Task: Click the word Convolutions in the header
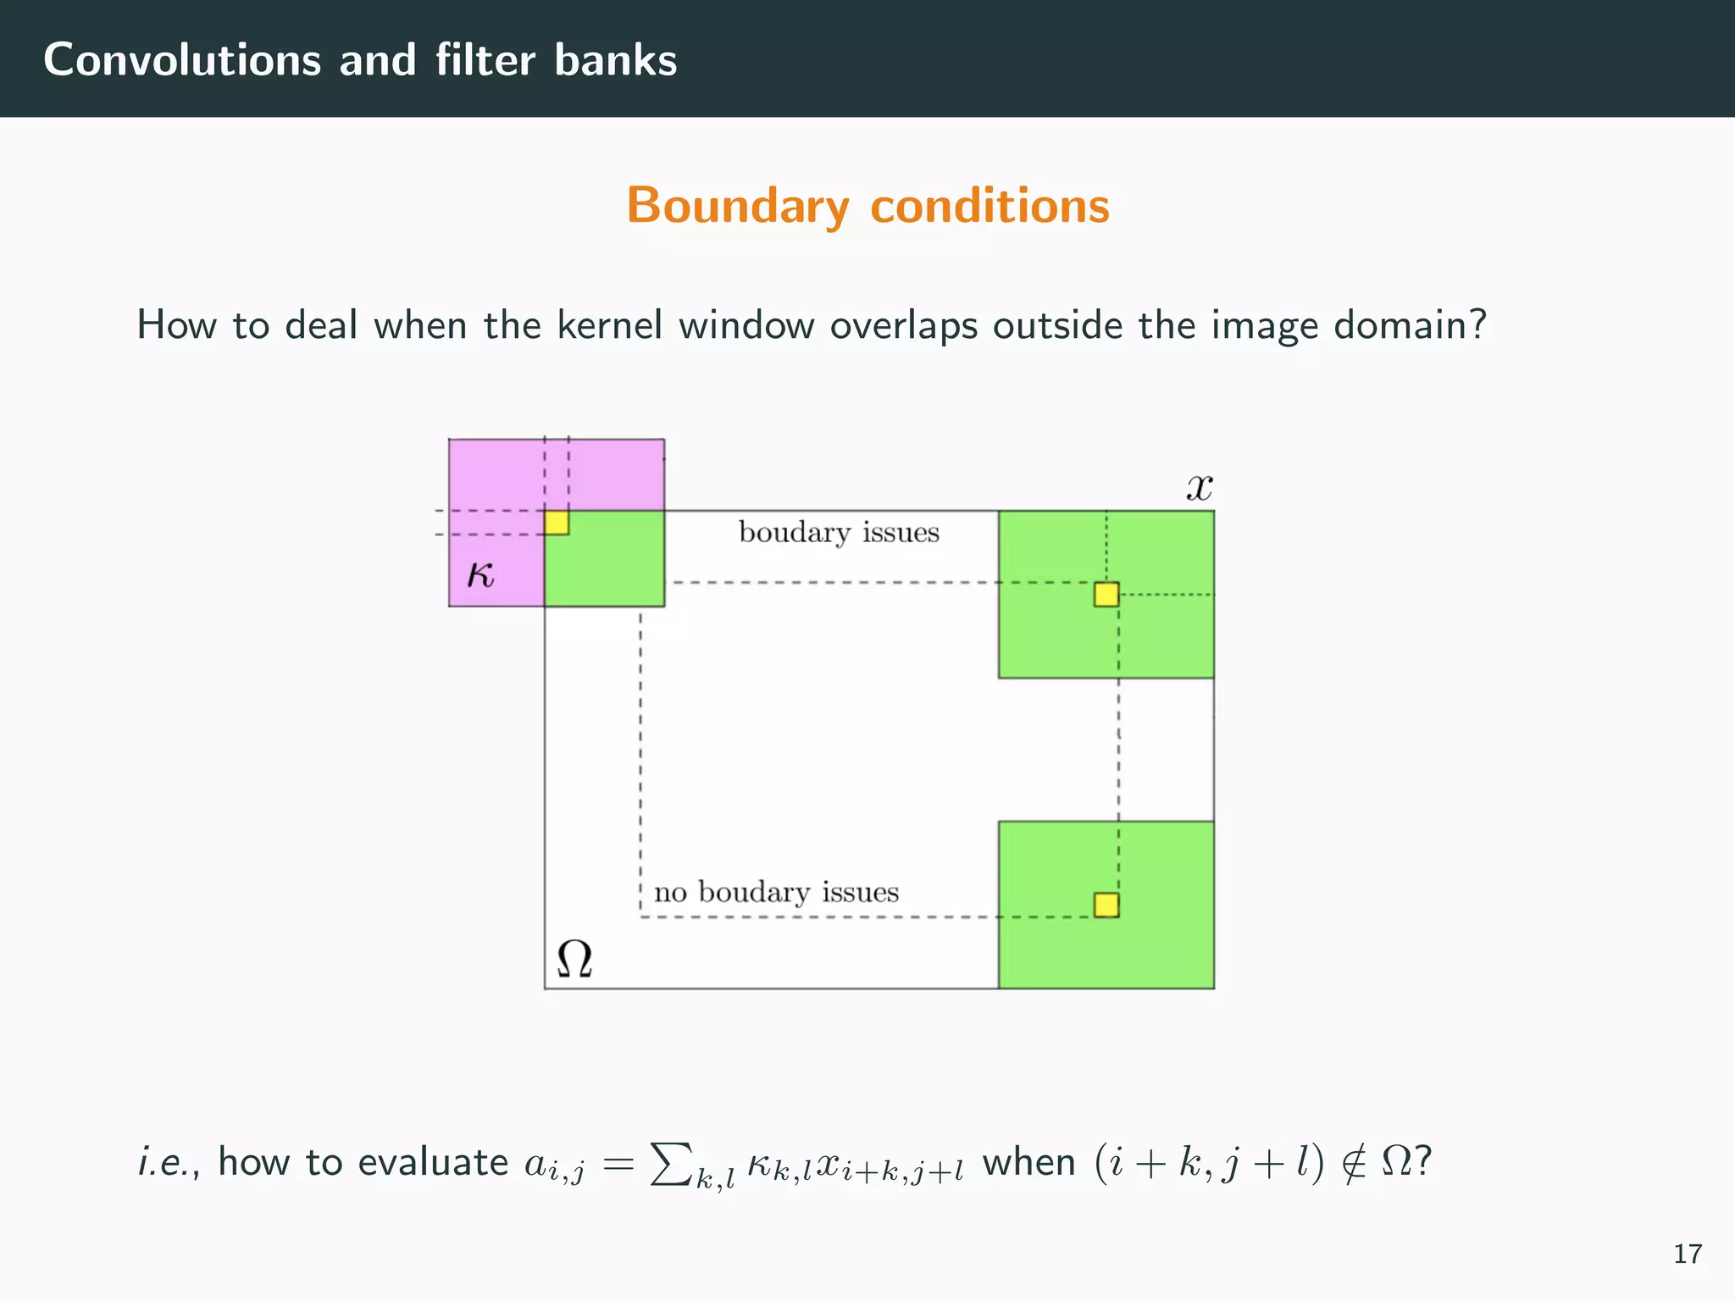click(182, 60)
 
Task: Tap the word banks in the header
click(616, 60)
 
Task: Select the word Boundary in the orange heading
click(737, 206)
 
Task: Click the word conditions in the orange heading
click(989, 206)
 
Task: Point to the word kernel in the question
click(609, 325)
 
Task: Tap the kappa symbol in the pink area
click(480, 576)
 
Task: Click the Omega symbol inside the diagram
click(574, 960)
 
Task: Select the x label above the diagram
click(1199, 487)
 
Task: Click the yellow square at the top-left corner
click(557, 523)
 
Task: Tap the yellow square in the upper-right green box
click(1106, 595)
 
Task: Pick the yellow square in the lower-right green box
click(1106, 905)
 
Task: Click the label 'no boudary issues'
click(776, 893)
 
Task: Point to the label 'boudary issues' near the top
click(839, 533)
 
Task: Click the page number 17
click(1688, 1254)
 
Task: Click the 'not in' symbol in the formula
click(1354, 1162)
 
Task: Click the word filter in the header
click(485, 60)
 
